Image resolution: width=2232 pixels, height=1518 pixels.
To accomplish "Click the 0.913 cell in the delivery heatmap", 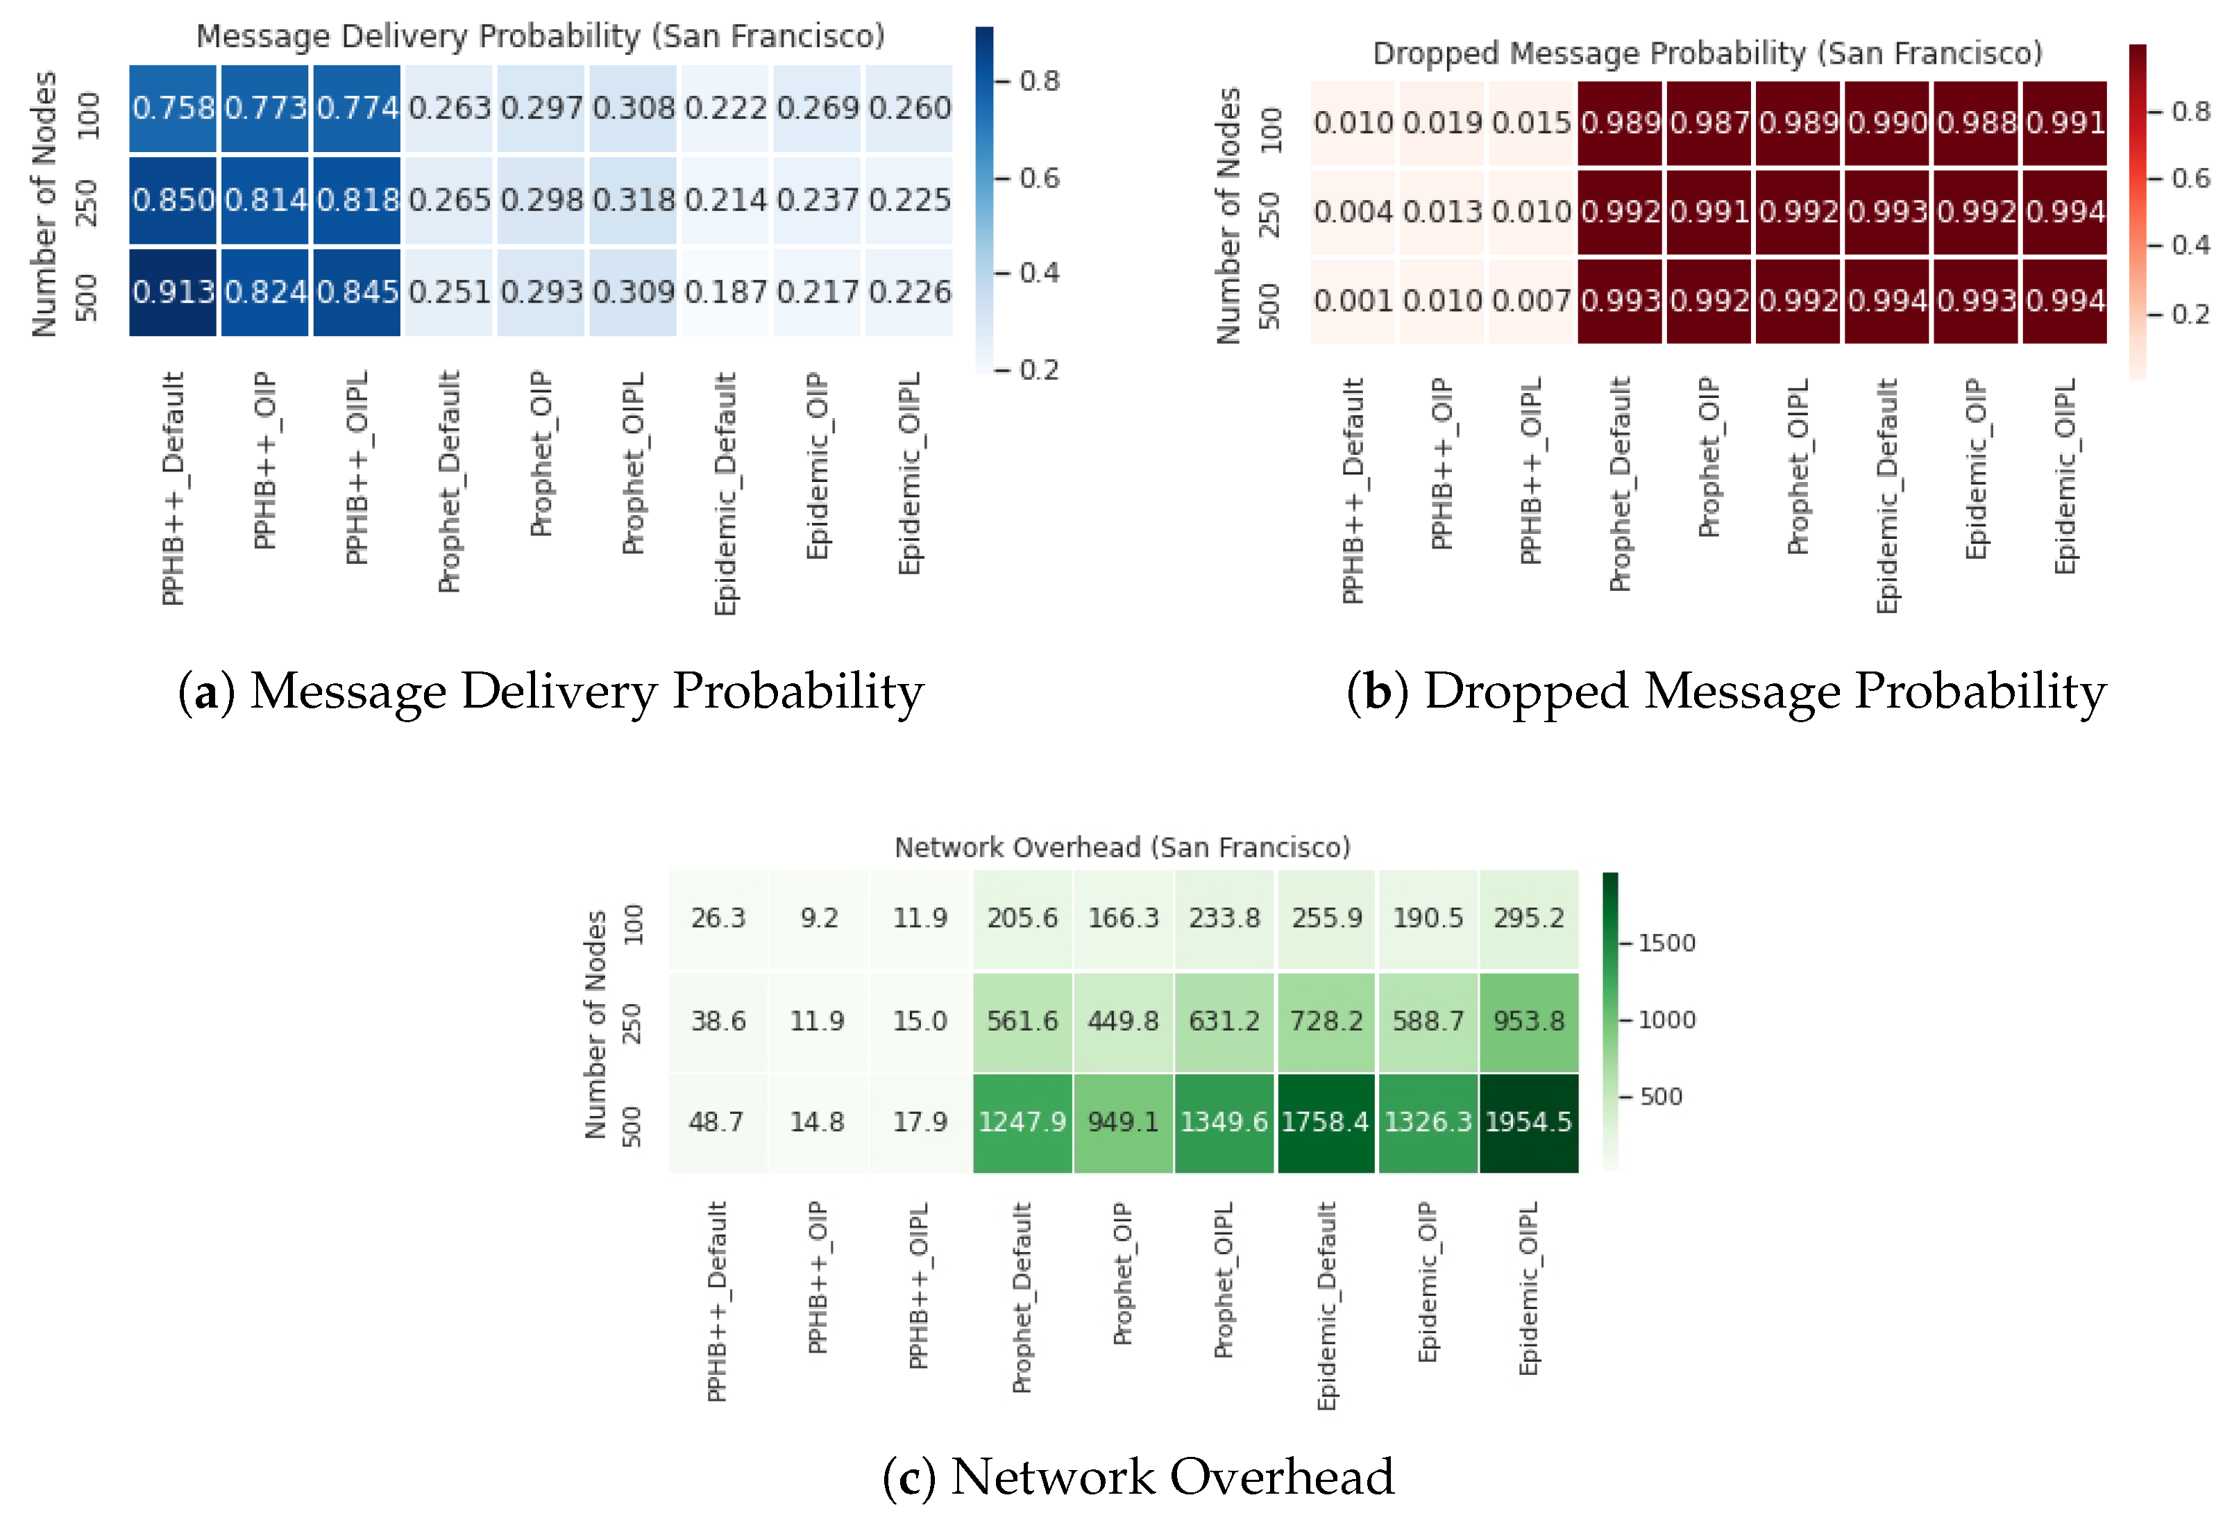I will pos(173,292).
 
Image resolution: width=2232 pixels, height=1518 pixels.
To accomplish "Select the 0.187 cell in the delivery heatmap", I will pos(725,292).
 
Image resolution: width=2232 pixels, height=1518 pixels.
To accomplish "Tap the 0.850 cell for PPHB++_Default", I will pos(173,200).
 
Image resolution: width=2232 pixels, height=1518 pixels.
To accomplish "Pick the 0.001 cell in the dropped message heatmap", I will pos(1353,301).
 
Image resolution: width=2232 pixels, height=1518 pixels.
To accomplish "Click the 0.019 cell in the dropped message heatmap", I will pos(1442,123).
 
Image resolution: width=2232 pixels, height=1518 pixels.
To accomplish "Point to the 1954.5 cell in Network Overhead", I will pos(1528,1121).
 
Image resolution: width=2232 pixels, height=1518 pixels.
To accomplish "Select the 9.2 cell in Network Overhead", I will pos(819,919).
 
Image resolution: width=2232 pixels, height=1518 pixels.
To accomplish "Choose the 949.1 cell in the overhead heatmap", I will pos(1124,1121).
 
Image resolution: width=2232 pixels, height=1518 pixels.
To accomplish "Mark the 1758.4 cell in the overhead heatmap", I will pos(1326,1121).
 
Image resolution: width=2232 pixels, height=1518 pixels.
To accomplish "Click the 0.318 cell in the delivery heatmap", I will pos(634,200).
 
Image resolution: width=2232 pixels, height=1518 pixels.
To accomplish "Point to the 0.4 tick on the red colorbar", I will pos(2190,245).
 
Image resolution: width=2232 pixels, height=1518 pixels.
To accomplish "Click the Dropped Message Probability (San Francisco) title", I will pos(1707,53).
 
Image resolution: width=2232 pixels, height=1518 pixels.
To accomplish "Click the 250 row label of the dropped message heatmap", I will pos(1269,213).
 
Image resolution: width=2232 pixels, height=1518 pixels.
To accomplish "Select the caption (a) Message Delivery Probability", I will pos(551,692).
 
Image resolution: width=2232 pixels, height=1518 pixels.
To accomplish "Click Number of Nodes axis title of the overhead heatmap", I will pos(595,1024).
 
